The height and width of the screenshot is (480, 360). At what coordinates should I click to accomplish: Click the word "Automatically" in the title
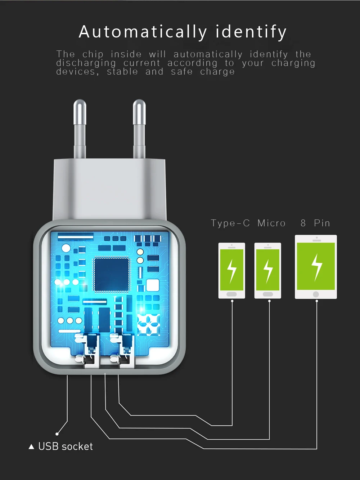click(x=143, y=32)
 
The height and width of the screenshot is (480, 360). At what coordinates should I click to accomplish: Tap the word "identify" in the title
click(x=251, y=32)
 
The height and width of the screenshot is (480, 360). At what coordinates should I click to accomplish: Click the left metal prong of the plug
click(x=80, y=130)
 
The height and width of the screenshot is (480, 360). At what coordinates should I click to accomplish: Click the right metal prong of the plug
click(x=139, y=130)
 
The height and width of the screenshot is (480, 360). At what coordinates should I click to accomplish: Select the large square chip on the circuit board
click(x=111, y=274)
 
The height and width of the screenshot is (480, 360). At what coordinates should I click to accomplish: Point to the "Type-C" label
click(x=230, y=223)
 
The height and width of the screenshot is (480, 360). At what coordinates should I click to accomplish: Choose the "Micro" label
click(x=271, y=223)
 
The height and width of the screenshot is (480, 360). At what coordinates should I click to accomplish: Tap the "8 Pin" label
click(x=315, y=223)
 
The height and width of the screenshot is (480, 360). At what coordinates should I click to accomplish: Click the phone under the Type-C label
click(x=232, y=270)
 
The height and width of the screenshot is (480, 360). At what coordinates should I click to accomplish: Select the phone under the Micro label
click(x=268, y=270)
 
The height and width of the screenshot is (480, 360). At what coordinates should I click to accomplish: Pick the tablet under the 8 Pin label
click(x=316, y=267)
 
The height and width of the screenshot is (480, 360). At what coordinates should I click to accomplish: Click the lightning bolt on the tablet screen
click(x=316, y=267)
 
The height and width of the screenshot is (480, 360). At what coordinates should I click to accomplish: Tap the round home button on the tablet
click(x=316, y=294)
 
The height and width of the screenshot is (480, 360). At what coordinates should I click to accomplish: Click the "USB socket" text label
click(x=66, y=447)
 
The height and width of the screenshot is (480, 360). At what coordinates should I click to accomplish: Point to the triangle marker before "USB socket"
click(x=31, y=447)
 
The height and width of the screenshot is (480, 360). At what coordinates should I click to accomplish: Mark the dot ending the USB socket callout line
click(x=57, y=434)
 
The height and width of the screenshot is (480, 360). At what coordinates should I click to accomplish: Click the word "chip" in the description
click(x=93, y=54)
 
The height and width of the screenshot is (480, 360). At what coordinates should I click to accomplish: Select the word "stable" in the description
click(x=122, y=72)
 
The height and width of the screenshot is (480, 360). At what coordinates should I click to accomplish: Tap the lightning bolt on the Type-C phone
click(x=232, y=270)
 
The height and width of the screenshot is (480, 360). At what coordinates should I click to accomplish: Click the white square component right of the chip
click(x=152, y=285)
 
